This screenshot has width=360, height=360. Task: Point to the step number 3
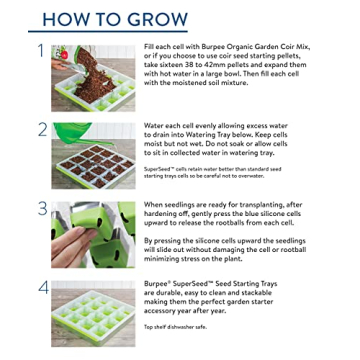(42, 209)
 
